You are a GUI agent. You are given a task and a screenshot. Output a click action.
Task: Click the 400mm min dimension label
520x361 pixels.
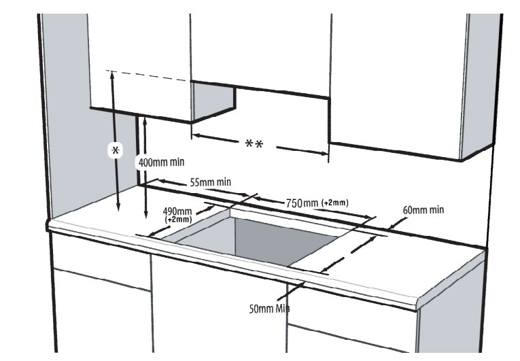pyautogui.click(x=161, y=162)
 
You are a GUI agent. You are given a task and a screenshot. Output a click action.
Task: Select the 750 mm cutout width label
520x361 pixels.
pyautogui.click(x=302, y=203)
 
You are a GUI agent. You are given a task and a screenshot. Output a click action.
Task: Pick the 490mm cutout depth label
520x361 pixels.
pyautogui.click(x=177, y=211)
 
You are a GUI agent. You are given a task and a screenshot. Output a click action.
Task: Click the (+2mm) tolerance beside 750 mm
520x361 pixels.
pyautogui.click(x=335, y=203)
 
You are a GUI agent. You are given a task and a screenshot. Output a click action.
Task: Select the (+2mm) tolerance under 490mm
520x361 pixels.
pyautogui.click(x=177, y=220)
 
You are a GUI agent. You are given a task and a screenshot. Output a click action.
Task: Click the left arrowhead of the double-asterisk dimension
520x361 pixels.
pyautogui.click(x=195, y=135)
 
